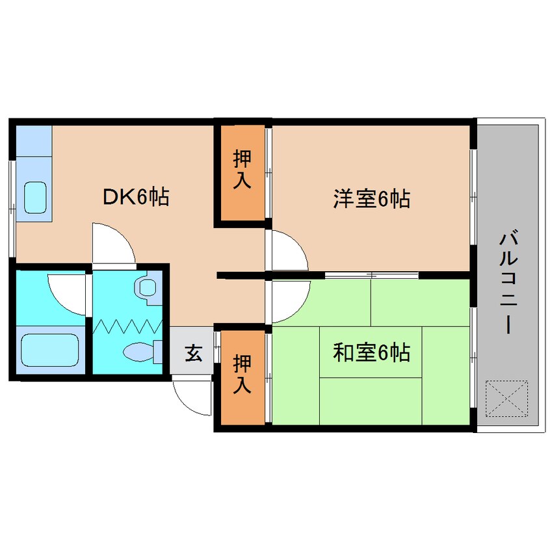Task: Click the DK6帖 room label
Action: click(136, 196)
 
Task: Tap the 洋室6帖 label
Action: click(371, 198)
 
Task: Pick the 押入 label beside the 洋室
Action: click(242, 170)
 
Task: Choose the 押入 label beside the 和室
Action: click(242, 375)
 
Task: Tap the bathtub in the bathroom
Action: click(49, 351)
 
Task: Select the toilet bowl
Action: click(139, 352)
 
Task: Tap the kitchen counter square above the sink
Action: click(33, 138)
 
